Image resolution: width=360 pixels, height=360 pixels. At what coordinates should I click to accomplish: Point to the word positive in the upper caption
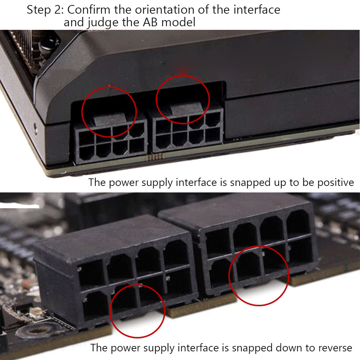[x=336, y=183]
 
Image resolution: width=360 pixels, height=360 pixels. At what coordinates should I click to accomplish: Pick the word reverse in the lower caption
[x=333, y=348]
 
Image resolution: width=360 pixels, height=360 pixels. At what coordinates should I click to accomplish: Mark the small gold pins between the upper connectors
[x=155, y=157]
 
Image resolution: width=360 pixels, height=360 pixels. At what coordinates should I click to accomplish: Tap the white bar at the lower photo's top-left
[x=19, y=207]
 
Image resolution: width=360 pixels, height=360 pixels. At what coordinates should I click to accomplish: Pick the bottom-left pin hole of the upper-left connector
[x=87, y=152]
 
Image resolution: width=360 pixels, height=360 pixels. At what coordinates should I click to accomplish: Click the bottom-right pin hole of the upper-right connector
[x=213, y=136]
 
